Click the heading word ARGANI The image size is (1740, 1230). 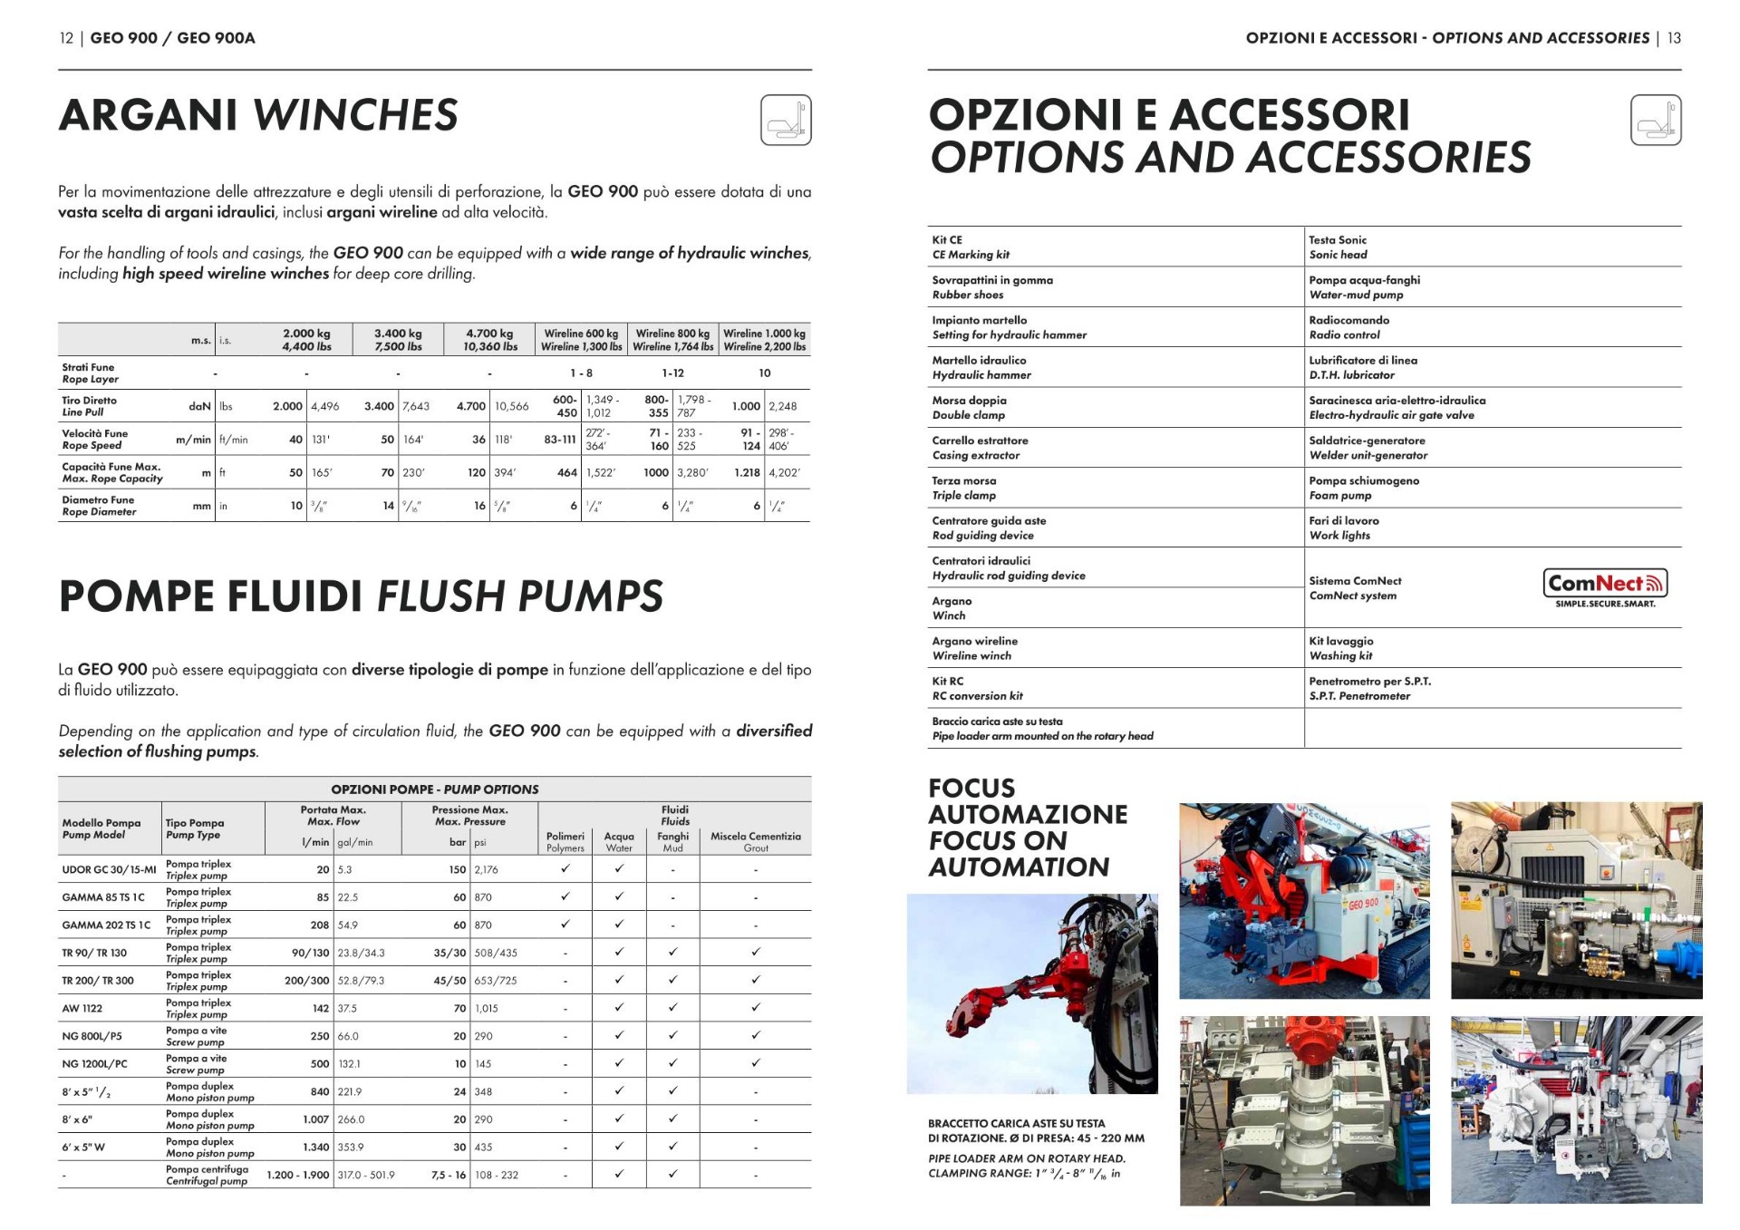149,116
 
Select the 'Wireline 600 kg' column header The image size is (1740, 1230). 581,340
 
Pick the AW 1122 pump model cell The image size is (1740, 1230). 82,1009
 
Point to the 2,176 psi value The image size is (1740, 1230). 487,870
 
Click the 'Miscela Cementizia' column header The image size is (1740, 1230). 755,842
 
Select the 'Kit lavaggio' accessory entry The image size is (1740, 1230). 1340,648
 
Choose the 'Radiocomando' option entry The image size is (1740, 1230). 1348,327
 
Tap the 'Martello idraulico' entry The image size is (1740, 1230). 981,367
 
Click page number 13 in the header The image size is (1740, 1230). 1673,38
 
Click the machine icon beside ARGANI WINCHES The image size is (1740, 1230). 785,121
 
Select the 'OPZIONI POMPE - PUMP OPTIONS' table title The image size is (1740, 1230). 434,789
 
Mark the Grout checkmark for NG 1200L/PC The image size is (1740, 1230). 755,1063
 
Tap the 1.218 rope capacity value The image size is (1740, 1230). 747,473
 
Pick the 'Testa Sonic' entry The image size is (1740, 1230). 1338,247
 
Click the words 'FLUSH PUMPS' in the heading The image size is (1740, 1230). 519,597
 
